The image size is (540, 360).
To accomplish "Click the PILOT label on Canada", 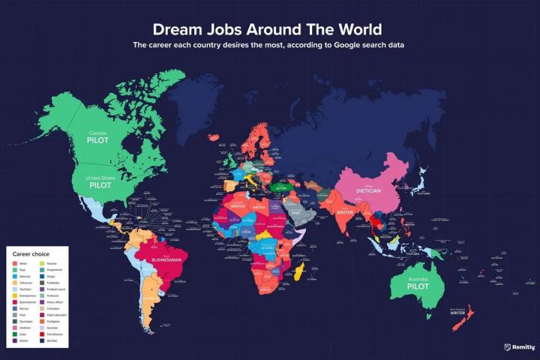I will tap(99, 139).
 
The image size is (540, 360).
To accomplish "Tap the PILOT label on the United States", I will tap(100, 183).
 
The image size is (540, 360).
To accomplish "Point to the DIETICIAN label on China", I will tap(368, 190).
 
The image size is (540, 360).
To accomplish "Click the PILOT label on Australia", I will tap(418, 286).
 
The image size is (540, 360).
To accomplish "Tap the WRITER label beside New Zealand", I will tap(457, 313).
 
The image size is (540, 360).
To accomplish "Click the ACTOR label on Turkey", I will tap(281, 187).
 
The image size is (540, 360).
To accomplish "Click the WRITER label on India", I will tap(345, 212).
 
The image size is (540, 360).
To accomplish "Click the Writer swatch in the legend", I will tap(16, 264).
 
